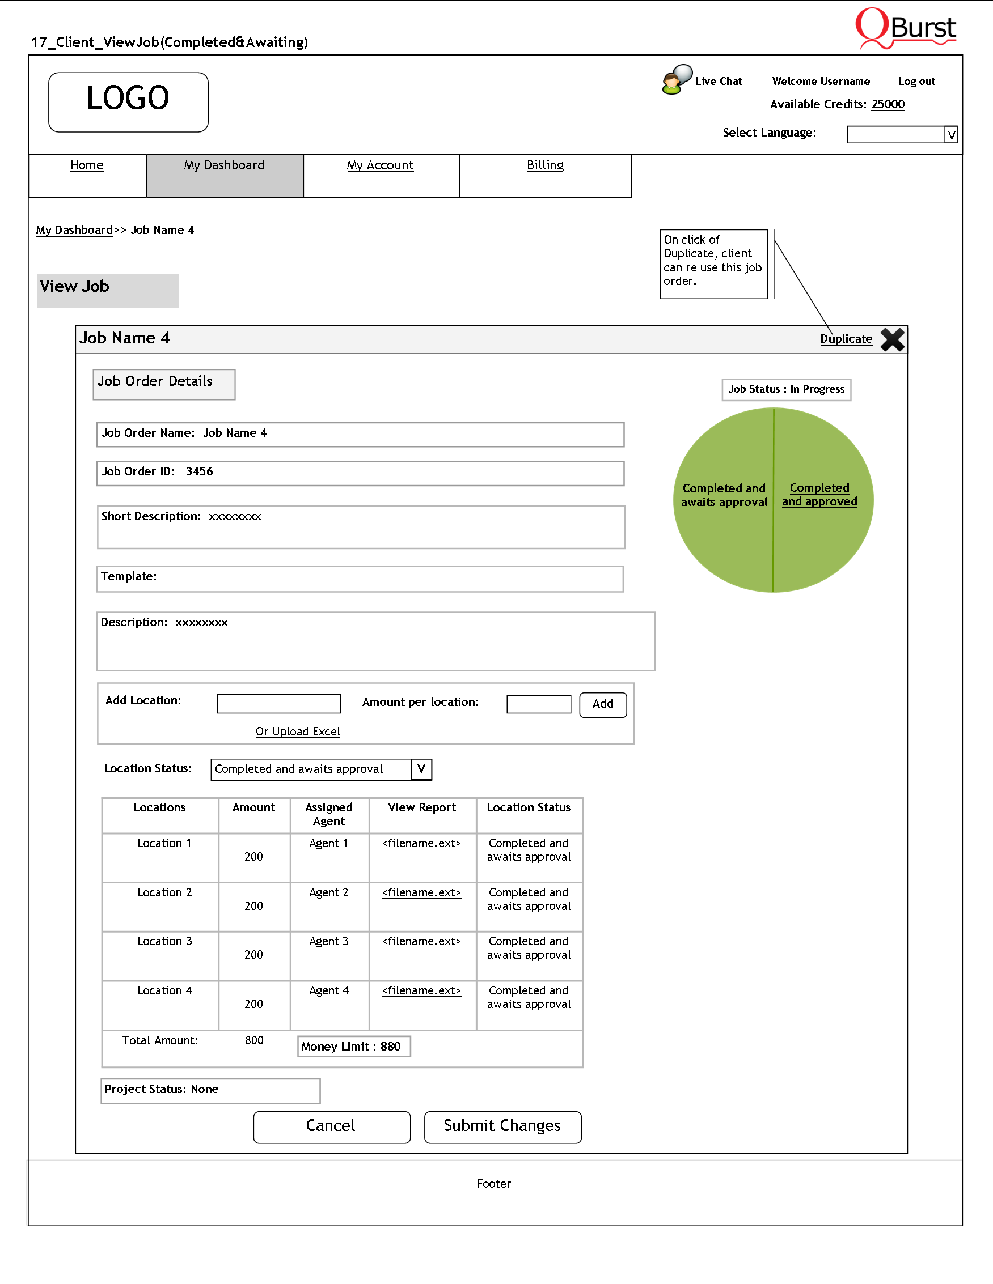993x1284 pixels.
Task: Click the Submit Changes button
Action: (502, 1126)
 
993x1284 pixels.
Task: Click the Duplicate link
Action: (846, 339)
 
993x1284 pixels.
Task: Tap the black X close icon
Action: (892, 340)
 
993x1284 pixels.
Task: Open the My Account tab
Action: (380, 165)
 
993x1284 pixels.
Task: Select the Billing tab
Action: (545, 165)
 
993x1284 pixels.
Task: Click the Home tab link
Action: (86, 165)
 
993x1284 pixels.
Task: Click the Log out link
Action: (916, 81)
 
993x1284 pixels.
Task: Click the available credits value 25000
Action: (888, 104)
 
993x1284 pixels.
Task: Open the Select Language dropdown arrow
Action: (950, 135)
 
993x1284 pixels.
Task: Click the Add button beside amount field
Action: (602, 704)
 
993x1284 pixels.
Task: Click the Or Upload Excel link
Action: (298, 732)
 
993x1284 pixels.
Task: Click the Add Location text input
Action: (278, 703)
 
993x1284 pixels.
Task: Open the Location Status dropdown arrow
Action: (421, 769)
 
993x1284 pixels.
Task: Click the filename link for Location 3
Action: (421, 941)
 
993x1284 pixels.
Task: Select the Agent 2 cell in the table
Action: (329, 892)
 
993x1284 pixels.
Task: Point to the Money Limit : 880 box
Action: (353, 1047)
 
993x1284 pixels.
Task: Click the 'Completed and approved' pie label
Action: (819, 495)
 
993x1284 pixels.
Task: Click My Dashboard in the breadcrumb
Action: (74, 230)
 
